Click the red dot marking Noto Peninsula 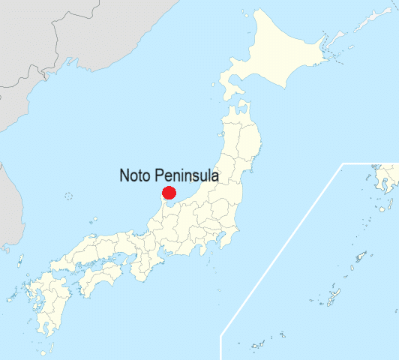(x=169, y=193)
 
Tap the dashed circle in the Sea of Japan (x=69, y=196)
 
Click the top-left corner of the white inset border (x=343, y=163)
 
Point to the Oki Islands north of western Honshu (x=94, y=221)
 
